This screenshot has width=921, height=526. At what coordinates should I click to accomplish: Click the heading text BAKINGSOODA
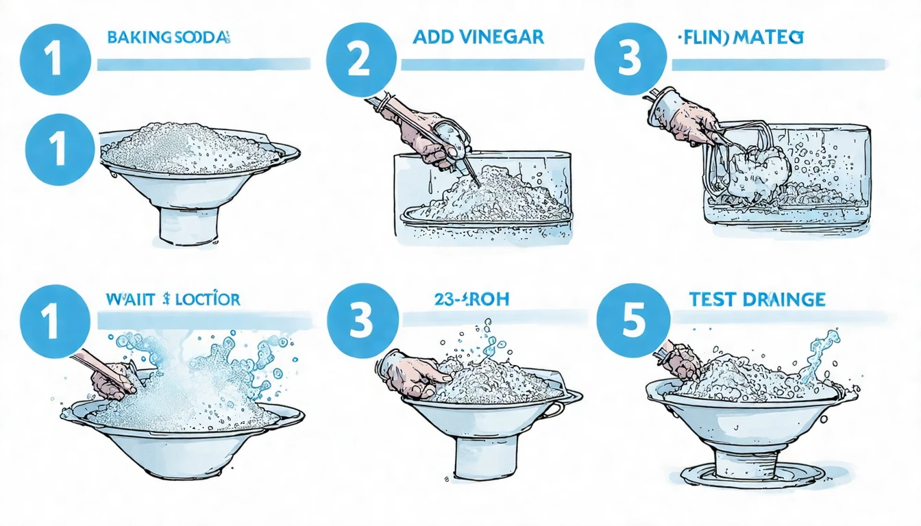(x=167, y=37)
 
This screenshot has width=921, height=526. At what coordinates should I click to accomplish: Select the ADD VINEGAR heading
(x=478, y=37)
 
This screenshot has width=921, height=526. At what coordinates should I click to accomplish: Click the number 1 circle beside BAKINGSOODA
(x=56, y=60)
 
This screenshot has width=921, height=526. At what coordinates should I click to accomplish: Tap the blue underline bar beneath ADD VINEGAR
(x=492, y=64)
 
